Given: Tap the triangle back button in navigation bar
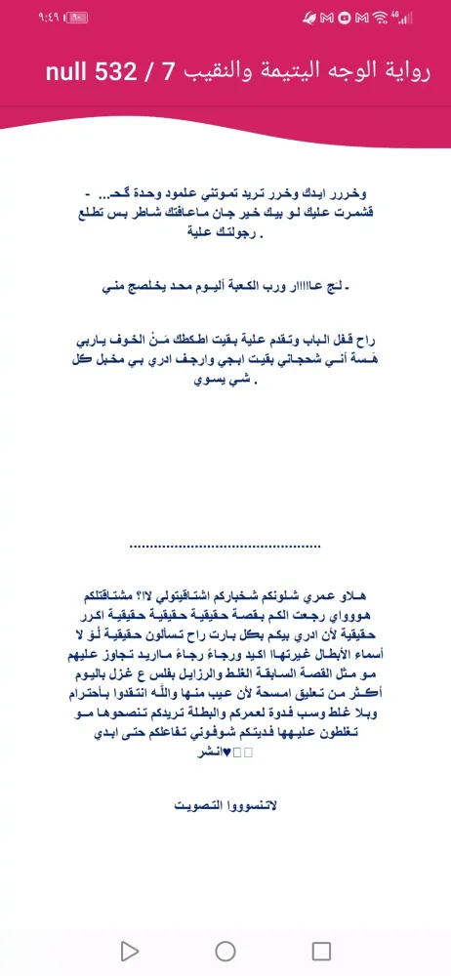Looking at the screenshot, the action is pyautogui.click(x=129, y=950).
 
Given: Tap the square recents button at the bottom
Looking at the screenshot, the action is pyautogui.click(x=321, y=950).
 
